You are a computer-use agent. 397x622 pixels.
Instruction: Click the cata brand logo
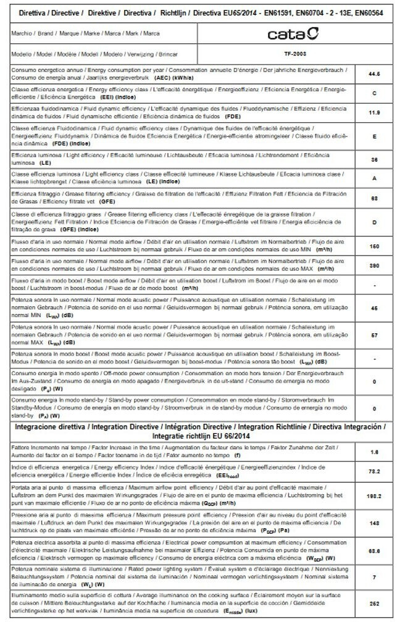click(293, 33)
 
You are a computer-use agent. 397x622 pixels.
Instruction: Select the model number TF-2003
click(295, 54)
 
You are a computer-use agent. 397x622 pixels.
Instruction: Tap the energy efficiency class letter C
click(374, 93)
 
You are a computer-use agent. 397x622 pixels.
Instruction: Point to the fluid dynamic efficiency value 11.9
click(374, 113)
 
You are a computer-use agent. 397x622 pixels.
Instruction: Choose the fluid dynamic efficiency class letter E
click(374, 136)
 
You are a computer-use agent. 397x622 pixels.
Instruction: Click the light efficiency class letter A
click(374, 179)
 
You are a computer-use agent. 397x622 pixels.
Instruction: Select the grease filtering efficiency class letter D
click(374, 222)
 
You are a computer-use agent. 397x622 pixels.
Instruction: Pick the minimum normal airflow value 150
click(374, 246)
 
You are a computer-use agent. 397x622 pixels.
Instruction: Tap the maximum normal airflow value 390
click(374, 265)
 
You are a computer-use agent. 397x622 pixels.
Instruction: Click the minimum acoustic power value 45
click(374, 307)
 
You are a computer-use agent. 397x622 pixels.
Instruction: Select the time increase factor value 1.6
click(374, 452)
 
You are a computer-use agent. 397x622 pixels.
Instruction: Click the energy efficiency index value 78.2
click(374, 471)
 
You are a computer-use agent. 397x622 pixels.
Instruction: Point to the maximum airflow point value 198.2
click(374, 496)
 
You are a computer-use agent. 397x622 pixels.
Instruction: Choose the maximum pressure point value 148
click(374, 523)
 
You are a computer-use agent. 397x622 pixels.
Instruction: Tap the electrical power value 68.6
click(374, 550)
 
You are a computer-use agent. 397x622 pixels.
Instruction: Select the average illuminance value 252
click(374, 605)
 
